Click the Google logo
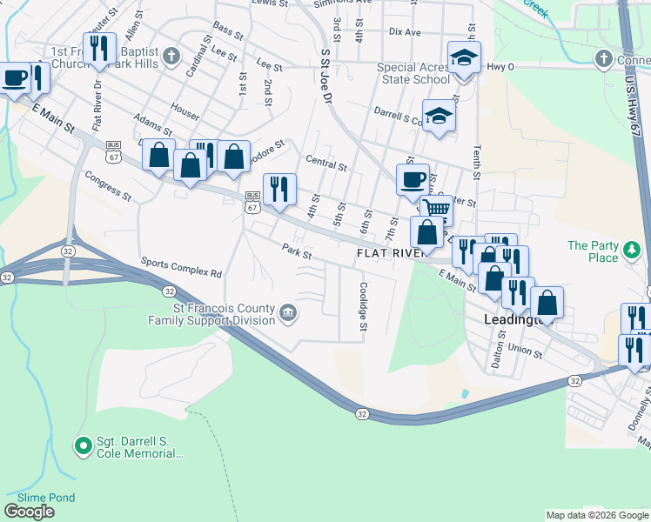click(30, 512)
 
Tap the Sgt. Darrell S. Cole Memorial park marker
click(84, 447)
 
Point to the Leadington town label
click(513, 320)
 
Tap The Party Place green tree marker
click(633, 252)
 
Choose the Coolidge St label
click(364, 305)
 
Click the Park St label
click(297, 250)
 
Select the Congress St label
click(108, 185)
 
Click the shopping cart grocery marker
click(436, 209)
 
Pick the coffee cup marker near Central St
click(413, 179)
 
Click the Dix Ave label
click(405, 32)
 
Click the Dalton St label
click(496, 350)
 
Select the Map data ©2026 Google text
click(597, 515)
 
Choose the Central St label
click(326, 162)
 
